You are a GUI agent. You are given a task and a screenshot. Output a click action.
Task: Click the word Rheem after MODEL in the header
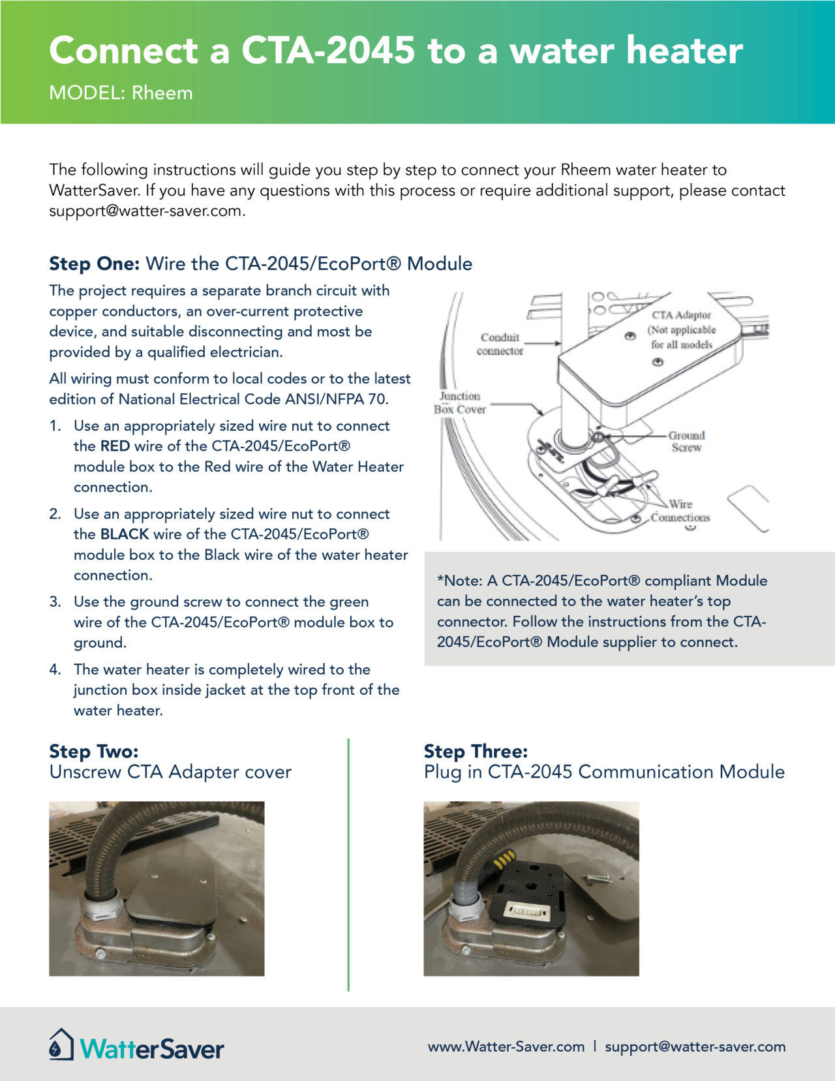(x=162, y=93)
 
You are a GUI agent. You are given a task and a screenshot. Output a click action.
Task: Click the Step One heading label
(x=94, y=264)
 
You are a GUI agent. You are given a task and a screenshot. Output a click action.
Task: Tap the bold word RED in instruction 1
(x=115, y=446)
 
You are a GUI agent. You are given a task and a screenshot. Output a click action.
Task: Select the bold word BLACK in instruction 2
(x=125, y=534)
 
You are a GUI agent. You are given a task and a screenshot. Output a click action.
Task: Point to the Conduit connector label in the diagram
(x=500, y=344)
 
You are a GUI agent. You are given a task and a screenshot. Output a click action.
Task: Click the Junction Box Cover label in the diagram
(x=459, y=403)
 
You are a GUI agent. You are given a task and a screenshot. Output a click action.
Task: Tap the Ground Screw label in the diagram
(x=686, y=441)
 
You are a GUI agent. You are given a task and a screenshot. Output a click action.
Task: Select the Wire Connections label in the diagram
(x=680, y=511)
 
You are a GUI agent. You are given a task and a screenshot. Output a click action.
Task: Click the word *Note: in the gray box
(x=459, y=581)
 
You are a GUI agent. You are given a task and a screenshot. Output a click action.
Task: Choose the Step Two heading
(x=94, y=752)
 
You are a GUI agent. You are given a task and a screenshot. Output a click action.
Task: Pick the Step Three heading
(x=476, y=752)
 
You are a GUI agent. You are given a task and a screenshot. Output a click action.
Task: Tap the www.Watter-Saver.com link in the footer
(x=506, y=1046)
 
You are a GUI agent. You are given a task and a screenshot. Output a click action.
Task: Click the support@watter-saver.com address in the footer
(x=695, y=1046)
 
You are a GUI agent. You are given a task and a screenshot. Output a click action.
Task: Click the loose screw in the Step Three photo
(x=597, y=879)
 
